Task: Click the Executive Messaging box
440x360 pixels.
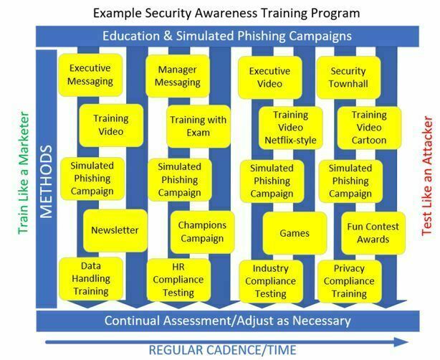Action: pos(90,75)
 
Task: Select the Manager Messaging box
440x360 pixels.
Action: pos(172,75)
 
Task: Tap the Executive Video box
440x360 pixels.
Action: pos(269,77)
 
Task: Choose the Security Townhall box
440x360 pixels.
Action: pos(348,77)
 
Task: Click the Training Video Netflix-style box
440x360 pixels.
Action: pos(290,127)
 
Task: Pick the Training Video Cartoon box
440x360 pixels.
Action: pos(369,127)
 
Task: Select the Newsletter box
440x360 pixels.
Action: pos(115,230)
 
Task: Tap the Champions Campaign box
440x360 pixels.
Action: pos(202,231)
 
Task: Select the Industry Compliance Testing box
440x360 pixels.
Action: pos(269,280)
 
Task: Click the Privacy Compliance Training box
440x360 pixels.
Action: pos(348,280)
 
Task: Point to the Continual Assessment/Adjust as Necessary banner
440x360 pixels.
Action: pos(226,321)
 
